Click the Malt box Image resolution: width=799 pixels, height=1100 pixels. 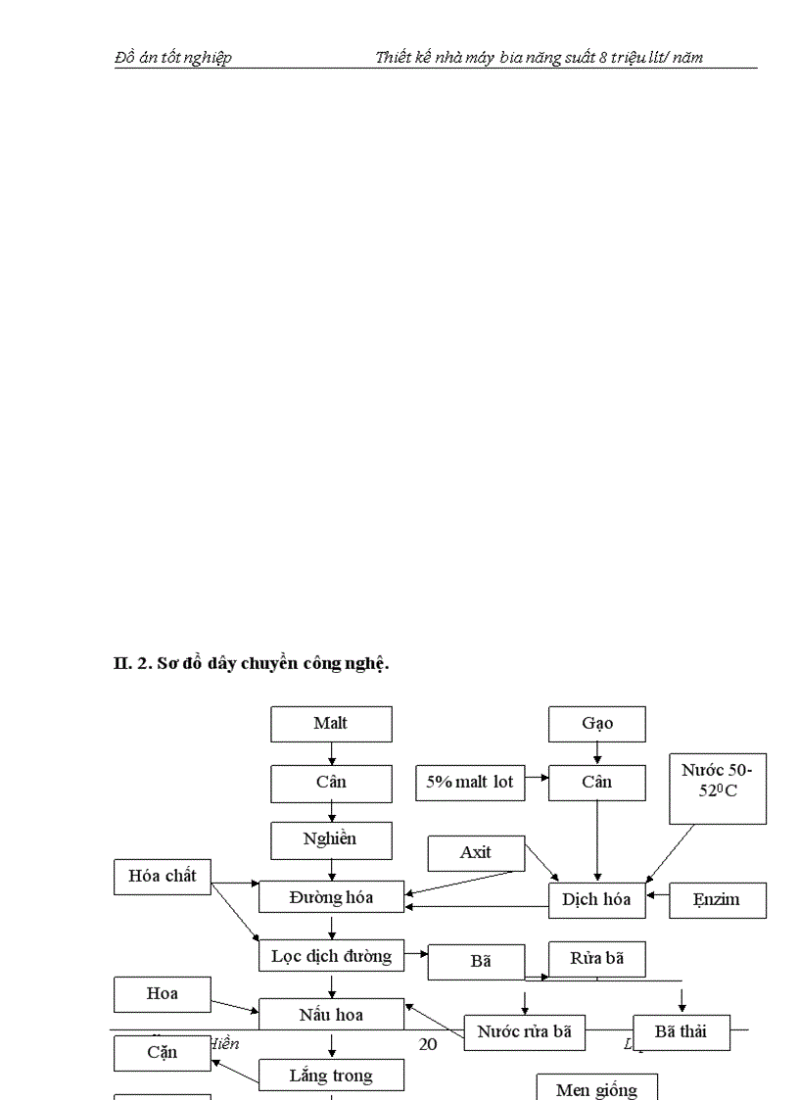pyautogui.click(x=331, y=724)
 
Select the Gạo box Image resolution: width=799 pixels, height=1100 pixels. pyautogui.click(x=597, y=724)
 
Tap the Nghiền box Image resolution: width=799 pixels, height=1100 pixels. pyautogui.click(x=331, y=839)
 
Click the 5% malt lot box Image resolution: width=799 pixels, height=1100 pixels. pyautogui.click(x=470, y=783)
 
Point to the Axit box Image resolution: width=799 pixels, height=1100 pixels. pyautogui.click(x=476, y=853)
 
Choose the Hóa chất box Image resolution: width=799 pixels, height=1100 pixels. pyautogui.click(x=163, y=877)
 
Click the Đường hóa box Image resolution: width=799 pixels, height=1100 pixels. pyautogui.click(x=331, y=897)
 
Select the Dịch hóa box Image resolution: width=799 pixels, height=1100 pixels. pyautogui.click(x=596, y=900)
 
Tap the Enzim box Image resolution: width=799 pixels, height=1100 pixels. pyautogui.click(x=717, y=900)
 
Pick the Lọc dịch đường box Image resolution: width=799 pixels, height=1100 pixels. pyautogui.click(x=331, y=956)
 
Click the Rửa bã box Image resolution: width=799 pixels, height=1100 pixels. pyautogui.click(x=596, y=959)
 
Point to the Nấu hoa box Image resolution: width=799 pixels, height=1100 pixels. pyautogui.click(x=331, y=1015)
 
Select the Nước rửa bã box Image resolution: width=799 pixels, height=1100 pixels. pyautogui.click(x=524, y=1031)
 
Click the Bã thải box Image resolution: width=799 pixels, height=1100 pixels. pyautogui.click(x=681, y=1031)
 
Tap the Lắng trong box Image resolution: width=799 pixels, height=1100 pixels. pyautogui.click(x=331, y=1076)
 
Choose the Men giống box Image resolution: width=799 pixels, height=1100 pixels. pyautogui.click(x=596, y=1088)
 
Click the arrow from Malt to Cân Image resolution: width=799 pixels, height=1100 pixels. pyautogui.click(x=332, y=753)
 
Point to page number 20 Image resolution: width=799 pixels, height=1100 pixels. pyautogui.click(x=428, y=1044)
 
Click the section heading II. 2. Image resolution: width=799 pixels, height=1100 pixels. pyautogui.click(x=252, y=664)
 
